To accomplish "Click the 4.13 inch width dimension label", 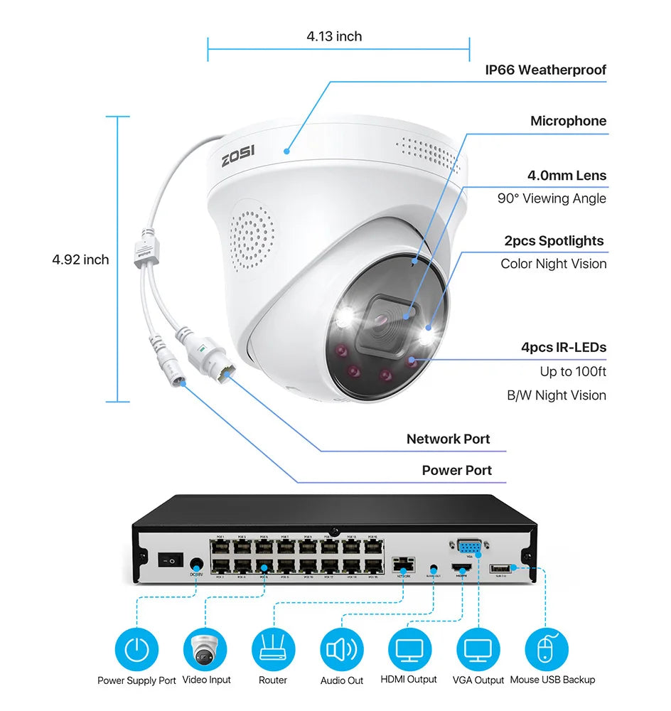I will coord(334,36).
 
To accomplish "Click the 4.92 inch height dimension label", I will coord(80,260).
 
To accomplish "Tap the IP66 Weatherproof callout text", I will coord(545,70).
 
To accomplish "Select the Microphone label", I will coord(568,121).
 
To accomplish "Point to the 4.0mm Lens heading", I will coord(567,175).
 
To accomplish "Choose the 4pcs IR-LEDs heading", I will coord(564,348).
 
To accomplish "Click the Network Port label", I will coord(448,439).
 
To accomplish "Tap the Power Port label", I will coord(456,470).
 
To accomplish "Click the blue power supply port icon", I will coord(136,649).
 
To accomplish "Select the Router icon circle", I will coord(273,649).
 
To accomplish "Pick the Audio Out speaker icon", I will coord(341,649).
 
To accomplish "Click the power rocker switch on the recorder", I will coord(171,561).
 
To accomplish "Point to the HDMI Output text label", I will coord(409,680).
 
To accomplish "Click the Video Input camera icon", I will coord(205,649).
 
